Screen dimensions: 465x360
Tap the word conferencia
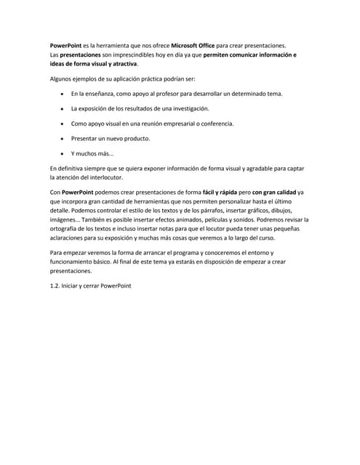213,124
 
